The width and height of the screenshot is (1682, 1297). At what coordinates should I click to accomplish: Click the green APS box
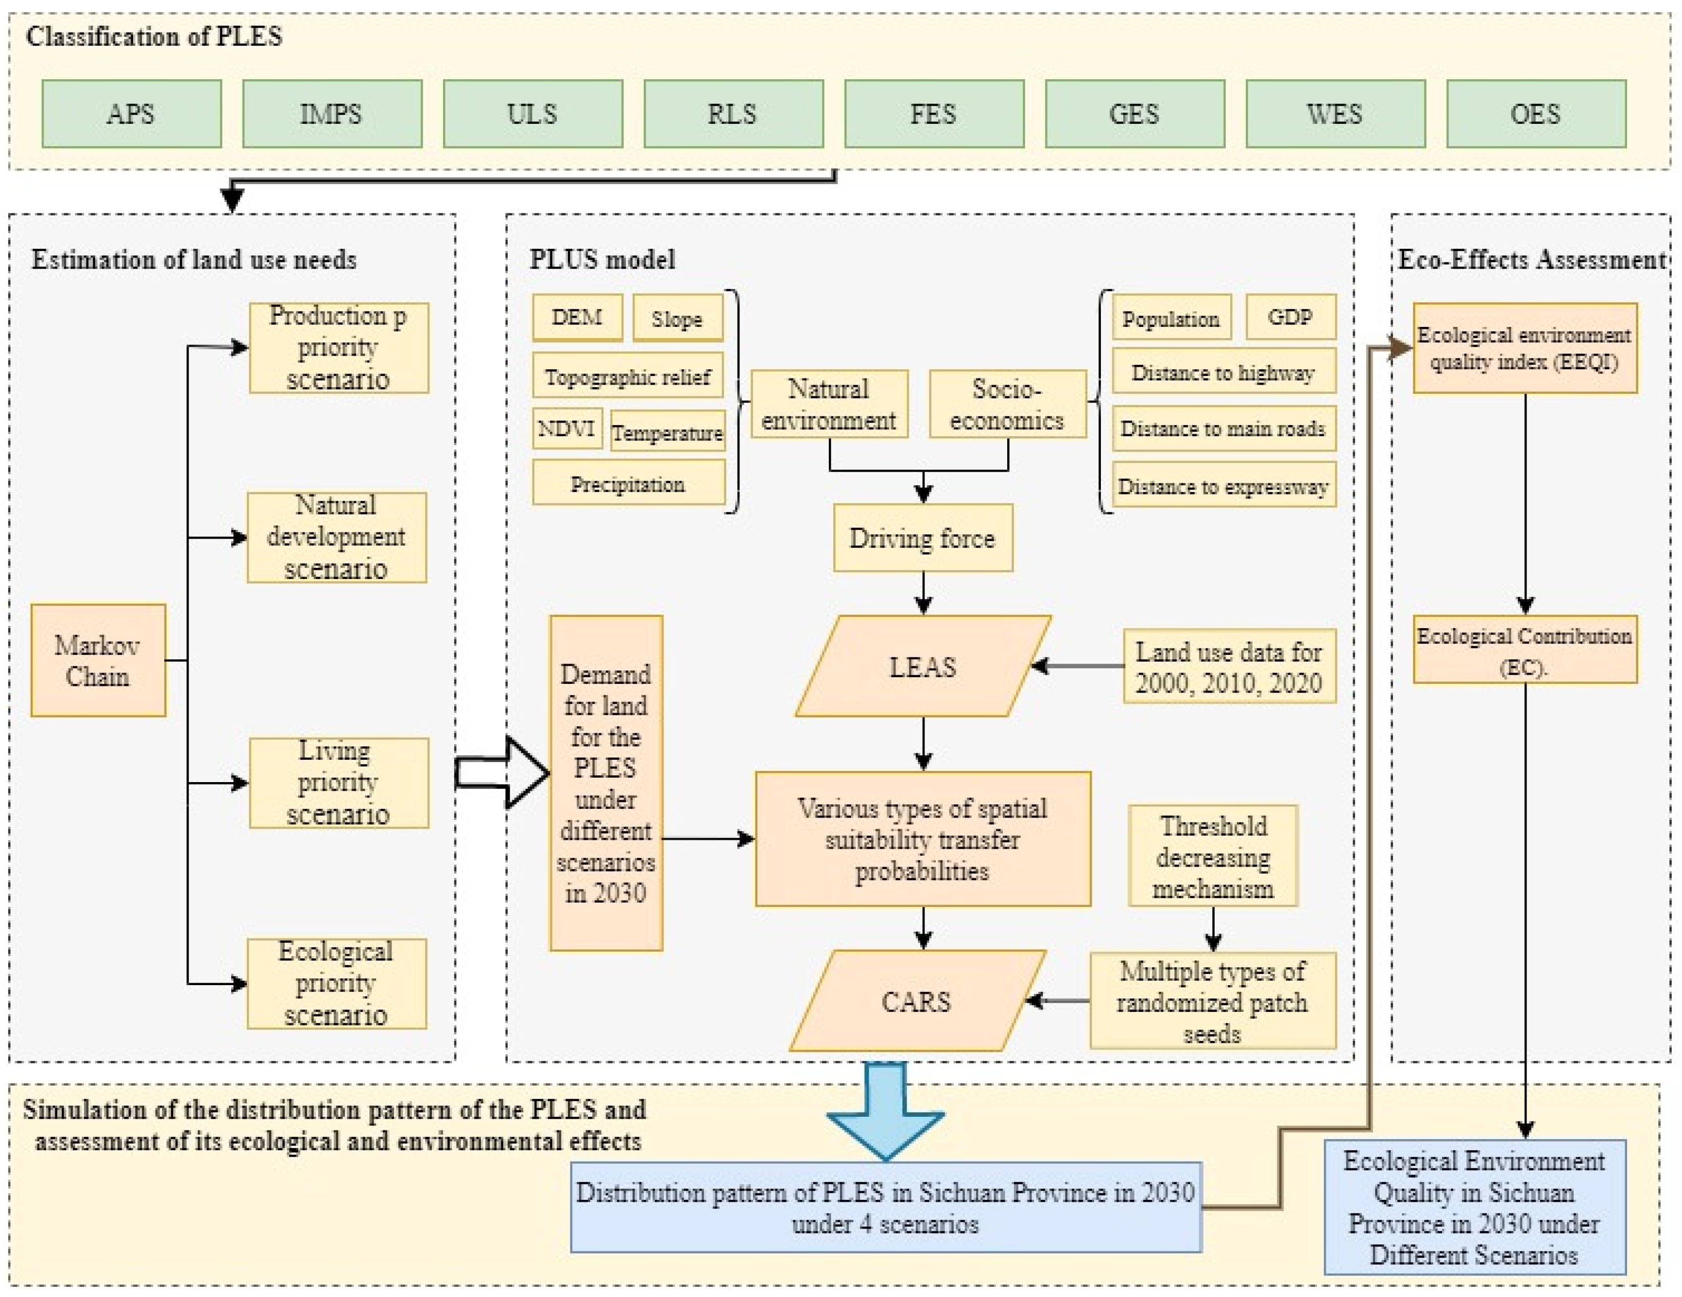[x=132, y=114]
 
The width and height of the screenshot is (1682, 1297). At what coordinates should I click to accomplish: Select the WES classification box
[x=1335, y=114]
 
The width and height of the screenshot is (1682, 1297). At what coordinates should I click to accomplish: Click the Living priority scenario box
[x=338, y=783]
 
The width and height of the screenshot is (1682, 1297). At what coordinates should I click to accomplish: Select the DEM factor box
[x=577, y=317]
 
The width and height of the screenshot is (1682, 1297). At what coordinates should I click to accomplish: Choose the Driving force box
[x=923, y=538]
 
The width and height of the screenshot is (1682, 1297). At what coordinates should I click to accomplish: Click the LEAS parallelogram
[x=923, y=666]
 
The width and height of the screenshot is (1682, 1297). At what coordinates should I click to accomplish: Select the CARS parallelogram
[x=916, y=1001]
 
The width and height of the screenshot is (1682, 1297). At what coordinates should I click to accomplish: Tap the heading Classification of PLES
[x=154, y=36]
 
